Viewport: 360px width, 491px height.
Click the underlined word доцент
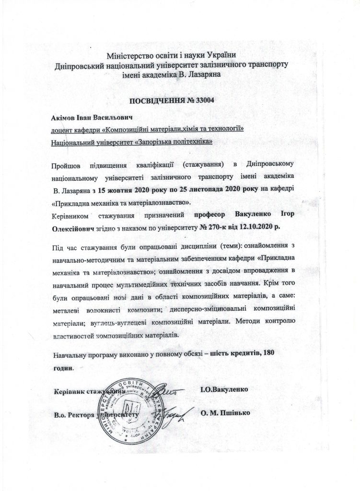click(62, 129)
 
